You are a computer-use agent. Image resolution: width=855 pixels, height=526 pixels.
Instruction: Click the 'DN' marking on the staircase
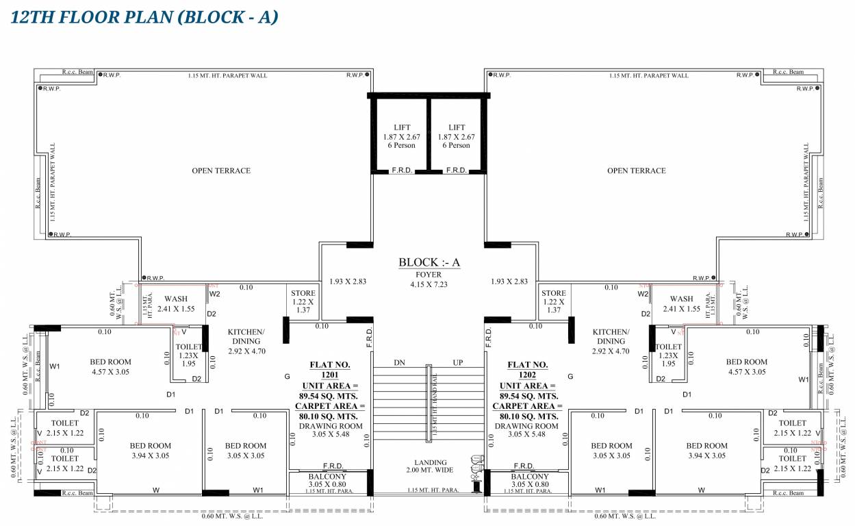399,363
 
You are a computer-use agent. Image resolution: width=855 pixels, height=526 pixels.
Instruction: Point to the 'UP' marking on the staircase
457,363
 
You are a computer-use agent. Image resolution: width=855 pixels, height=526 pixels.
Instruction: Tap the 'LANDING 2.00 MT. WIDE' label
430,467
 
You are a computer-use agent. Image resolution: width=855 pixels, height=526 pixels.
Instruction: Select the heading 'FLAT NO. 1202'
528,370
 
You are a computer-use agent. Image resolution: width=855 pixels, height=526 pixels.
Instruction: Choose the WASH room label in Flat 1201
176,304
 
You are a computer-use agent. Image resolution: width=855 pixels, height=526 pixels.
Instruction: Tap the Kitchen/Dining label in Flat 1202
610,341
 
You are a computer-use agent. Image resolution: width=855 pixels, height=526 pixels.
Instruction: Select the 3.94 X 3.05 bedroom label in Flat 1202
706,451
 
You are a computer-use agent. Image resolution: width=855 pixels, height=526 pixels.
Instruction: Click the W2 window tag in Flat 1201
215,295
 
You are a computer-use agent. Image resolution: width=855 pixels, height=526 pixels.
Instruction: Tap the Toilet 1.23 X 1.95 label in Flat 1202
668,355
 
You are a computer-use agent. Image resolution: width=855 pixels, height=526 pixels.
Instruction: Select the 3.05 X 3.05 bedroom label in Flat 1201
245,451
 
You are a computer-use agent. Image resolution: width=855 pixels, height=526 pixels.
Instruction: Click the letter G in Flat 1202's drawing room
570,377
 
